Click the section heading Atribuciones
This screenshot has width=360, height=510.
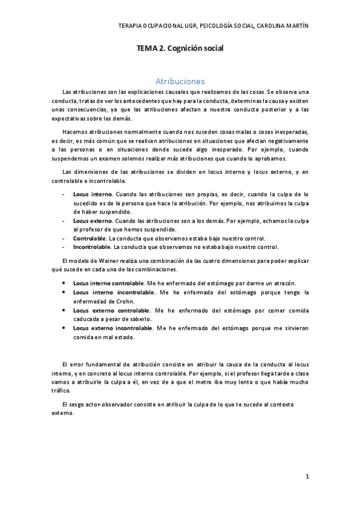tap(180, 81)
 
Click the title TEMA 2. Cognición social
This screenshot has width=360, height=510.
tap(180, 48)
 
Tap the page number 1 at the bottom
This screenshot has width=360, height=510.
tap(307, 476)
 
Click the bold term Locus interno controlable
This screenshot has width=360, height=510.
tap(108, 283)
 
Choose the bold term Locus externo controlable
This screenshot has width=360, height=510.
tap(111, 310)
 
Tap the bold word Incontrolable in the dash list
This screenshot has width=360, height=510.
tap(92, 247)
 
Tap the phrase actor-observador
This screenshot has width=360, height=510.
tap(103, 404)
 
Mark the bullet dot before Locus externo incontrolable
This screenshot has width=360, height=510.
tap(64, 328)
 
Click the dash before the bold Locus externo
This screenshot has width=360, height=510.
tap(64, 221)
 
